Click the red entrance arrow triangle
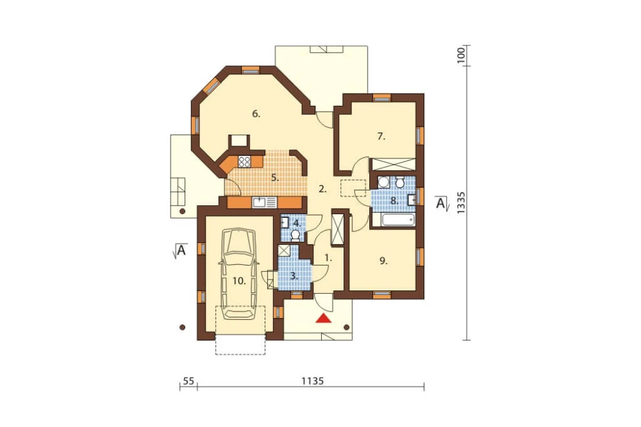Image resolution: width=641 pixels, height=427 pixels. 324,318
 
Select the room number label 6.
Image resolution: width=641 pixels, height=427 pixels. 256,113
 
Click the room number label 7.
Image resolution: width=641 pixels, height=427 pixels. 381,136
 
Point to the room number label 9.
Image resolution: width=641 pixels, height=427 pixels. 383,260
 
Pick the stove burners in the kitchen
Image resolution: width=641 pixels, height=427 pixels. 245,162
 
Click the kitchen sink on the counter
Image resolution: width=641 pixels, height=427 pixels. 265,202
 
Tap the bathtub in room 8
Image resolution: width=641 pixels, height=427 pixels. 399,220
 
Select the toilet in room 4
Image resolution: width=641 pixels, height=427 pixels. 295,235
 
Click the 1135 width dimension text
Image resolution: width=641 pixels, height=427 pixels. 313,381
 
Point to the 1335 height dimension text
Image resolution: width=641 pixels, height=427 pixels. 462,203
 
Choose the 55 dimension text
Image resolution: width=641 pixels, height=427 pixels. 188,381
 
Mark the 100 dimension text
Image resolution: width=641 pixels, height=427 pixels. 462,54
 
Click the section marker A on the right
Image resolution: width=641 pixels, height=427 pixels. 441,203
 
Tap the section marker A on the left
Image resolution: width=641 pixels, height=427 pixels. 180,250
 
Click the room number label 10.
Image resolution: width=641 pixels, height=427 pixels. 239,281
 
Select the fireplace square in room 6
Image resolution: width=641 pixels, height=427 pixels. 238,141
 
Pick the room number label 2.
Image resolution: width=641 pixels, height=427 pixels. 323,189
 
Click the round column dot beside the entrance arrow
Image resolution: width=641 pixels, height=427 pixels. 347,327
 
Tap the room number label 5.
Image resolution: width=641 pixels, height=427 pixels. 275,178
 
